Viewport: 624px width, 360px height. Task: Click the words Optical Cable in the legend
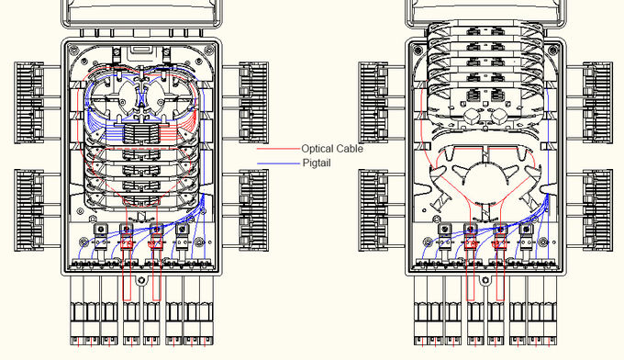[332, 149]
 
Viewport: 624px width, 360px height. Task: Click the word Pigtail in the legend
[317, 163]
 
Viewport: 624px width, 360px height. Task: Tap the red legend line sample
[278, 149]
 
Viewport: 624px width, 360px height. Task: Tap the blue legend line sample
[278, 163]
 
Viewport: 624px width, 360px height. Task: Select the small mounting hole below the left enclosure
[141, 280]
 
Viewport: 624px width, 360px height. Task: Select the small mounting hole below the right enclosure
[485, 280]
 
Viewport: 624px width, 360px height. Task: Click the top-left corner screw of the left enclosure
[73, 51]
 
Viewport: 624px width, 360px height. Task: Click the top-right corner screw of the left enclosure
[208, 51]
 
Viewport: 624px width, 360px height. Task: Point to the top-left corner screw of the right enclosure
[418, 51]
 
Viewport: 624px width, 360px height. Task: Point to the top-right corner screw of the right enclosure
[552, 51]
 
